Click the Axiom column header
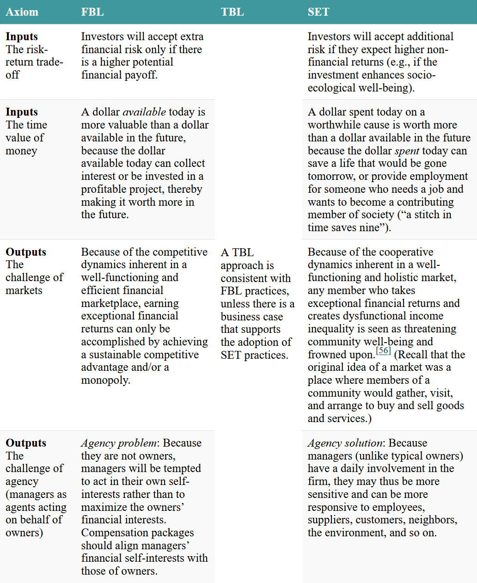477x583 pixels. point(22,12)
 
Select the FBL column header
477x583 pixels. point(92,12)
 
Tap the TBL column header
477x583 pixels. point(232,12)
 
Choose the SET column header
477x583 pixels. point(318,12)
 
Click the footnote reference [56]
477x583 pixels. point(384,351)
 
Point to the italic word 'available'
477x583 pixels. point(144,112)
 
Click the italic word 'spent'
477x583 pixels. point(407,151)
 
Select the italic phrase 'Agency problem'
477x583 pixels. point(119,443)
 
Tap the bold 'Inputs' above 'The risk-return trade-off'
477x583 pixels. point(22,37)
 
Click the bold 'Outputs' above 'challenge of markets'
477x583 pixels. point(26,252)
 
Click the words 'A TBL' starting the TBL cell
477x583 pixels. point(237,252)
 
